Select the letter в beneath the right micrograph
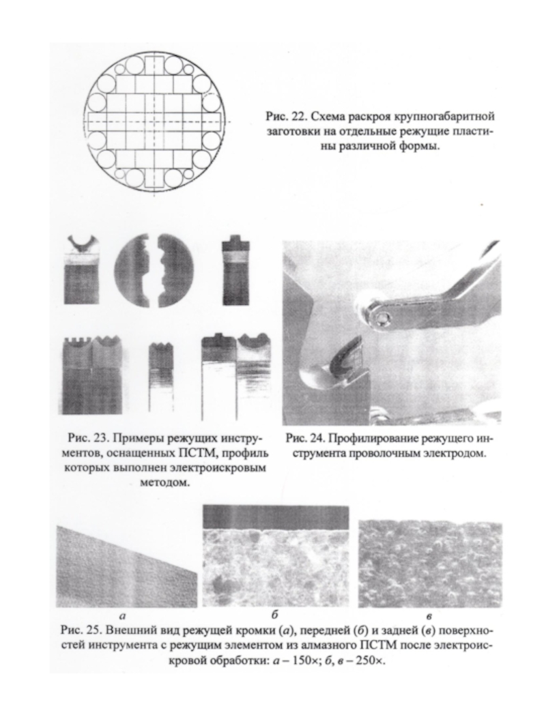click(429, 612)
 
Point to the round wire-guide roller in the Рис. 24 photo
click(377, 315)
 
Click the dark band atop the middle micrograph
click(276, 515)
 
